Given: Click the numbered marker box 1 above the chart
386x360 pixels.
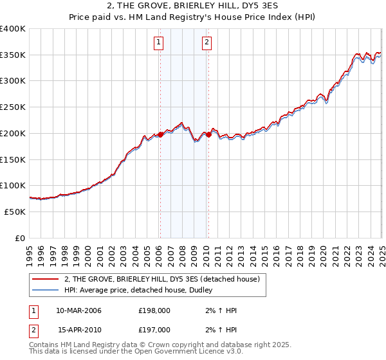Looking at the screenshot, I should (x=158, y=43).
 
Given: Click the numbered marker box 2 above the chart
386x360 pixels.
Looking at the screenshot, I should (x=207, y=43).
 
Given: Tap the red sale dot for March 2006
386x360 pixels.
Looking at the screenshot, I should (x=160, y=134).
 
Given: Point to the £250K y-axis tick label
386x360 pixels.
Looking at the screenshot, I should (x=13, y=107).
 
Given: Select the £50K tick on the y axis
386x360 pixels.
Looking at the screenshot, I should (x=15, y=212).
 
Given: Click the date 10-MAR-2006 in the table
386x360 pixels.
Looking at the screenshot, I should (x=78, y=310).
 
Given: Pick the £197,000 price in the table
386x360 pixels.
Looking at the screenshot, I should (x=154, y=329).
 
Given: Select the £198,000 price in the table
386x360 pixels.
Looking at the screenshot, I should (x=154, y=310).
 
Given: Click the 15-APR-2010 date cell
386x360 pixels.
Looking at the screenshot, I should (x=78, y=329).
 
